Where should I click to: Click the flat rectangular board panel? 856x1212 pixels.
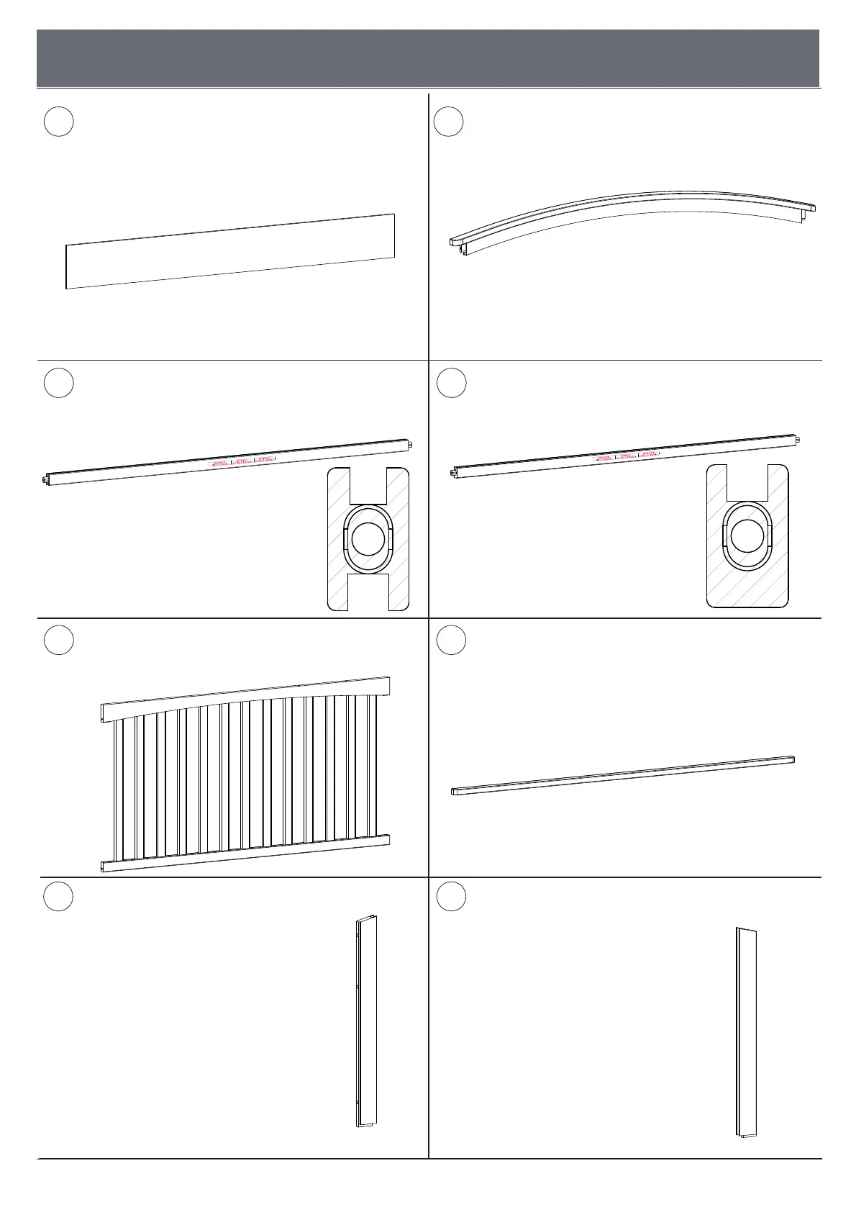230,251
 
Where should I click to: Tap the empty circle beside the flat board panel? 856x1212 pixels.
58,122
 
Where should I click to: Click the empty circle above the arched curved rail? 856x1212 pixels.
450,122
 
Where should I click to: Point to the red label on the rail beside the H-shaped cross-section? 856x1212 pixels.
242,462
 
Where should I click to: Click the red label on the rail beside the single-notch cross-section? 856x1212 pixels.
629,456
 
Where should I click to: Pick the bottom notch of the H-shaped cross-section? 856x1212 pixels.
368,593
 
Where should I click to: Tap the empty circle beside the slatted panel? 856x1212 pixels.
58,640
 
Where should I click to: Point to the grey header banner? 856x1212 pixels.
428,58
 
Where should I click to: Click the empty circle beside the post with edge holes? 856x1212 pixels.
58,896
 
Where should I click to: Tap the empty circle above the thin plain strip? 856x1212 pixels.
451,640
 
